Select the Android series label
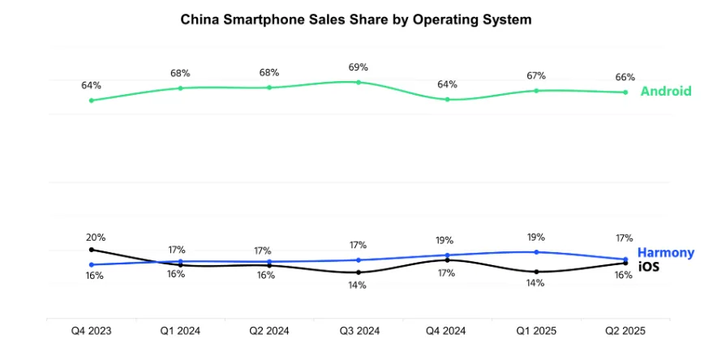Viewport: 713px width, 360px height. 666,91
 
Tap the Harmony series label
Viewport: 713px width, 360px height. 666,252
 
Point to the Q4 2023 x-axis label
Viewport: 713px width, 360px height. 91,331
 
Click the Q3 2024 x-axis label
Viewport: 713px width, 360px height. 358,331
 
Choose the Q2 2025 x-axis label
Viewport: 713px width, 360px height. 625,331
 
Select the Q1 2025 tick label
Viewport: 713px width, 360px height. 536,331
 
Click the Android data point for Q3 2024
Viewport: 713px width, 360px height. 359,82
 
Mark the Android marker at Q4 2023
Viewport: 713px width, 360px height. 91,101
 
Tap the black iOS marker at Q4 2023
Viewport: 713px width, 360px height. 91,250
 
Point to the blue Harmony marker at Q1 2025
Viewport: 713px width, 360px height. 536,251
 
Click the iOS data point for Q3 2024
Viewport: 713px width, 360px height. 359,272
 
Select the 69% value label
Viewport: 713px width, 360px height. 358,66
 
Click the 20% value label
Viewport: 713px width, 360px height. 96,238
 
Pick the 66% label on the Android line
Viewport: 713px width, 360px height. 625,77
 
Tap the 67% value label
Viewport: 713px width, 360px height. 535,75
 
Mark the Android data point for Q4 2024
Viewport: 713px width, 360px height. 447,99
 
